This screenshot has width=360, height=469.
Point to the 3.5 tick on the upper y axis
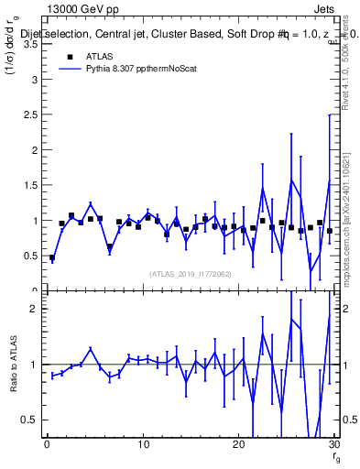(x=34, y=43)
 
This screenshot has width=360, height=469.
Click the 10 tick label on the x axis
(x=143, y=446)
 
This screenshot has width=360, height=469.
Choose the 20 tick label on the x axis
(x=238, y=446)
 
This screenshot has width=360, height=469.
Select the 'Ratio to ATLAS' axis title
(x=15, y=365)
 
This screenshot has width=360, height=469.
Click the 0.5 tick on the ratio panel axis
(x=32, y=420)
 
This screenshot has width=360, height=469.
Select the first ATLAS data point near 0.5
(x=52, y=258)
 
